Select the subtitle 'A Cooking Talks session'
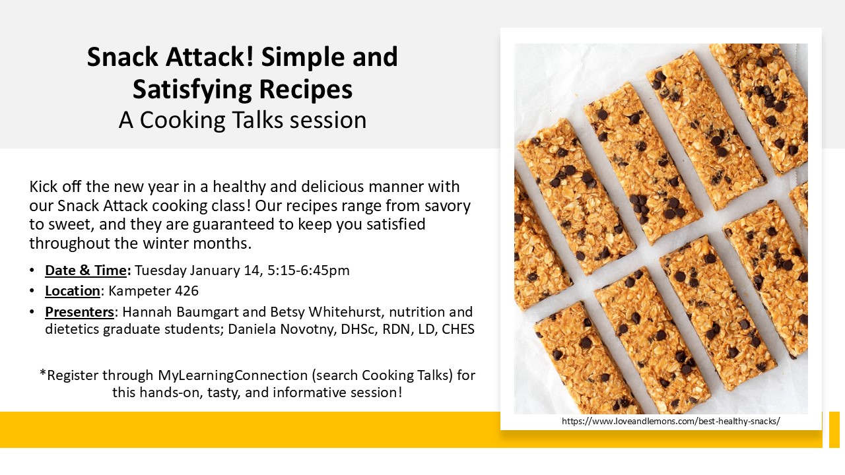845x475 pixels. tap(242, 120)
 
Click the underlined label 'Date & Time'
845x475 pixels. tap(85, 270)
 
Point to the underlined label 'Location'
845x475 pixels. tap(73, 291)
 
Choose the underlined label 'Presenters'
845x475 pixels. tap(79, 311)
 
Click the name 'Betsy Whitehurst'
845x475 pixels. tap(300, 311)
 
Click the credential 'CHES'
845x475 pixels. tap(457, 329)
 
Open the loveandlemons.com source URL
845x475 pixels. tap(671, 421)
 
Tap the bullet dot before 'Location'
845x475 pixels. tap(33, 291)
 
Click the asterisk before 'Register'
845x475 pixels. tap(43, 373)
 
